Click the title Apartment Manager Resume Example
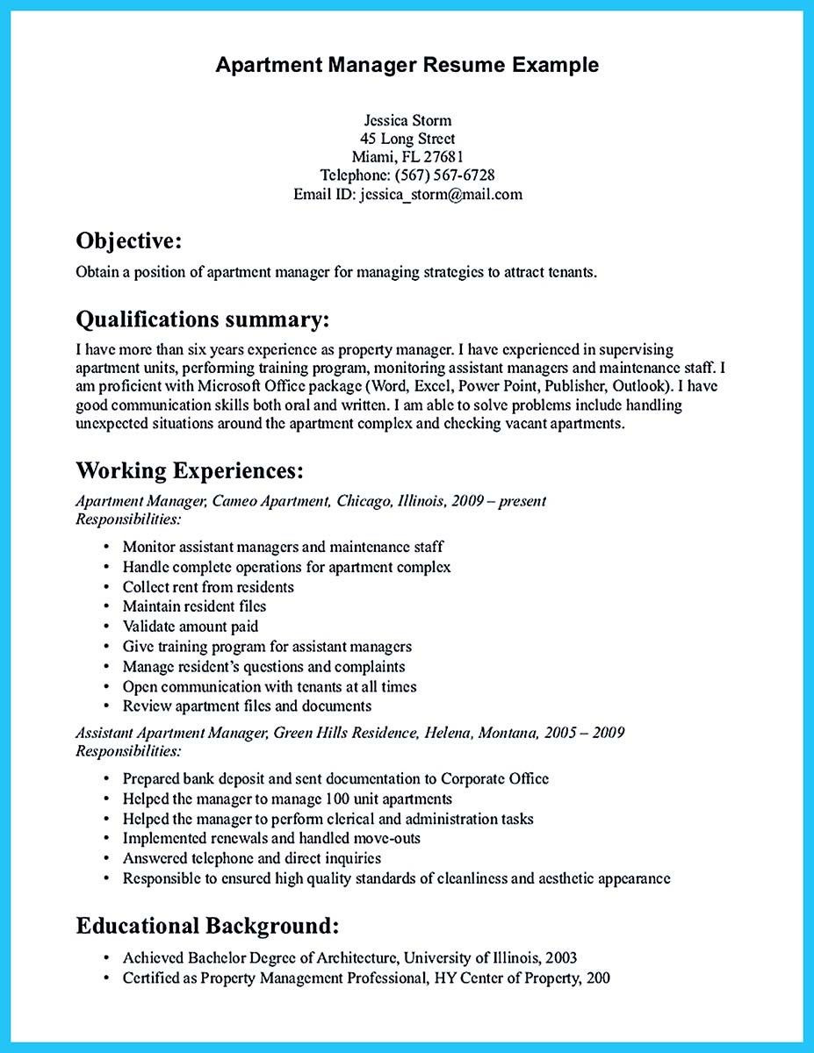(x=407, y=64)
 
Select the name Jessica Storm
(x=407, y=119)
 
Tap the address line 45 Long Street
(x=407, y=139)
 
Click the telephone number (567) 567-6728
(x=444, y=175)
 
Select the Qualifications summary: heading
(x=202, y=317)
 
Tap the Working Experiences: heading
(x=190, y=470)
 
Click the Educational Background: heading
(x=207, y=925)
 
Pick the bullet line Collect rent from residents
(x=208, y=586)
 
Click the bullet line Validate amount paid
(x=191, y=627)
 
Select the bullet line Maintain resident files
(x=194, y=606)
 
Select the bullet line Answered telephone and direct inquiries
(x=252, y=858)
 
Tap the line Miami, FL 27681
(x=407, y=157)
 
